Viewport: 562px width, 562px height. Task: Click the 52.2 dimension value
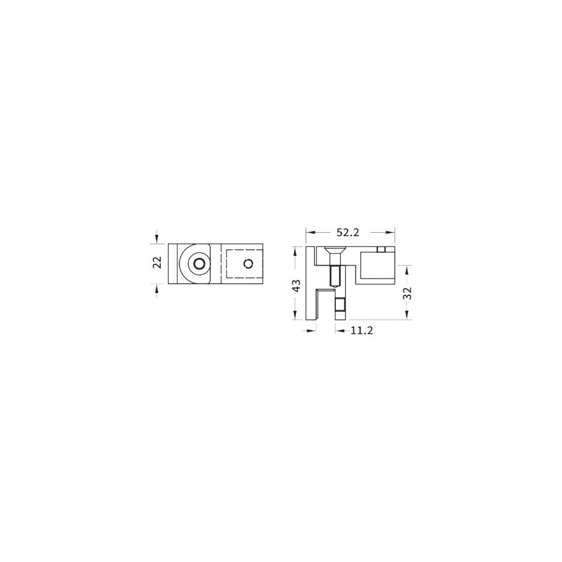pyautogui.click(x=347, y=233)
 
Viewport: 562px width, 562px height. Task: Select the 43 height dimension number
pyautogui.click(x=296, y=285)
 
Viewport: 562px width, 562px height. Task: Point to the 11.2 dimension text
pyautogui.click(x=362, y=330)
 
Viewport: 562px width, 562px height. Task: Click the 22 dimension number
pyautogui.click(x=158, y=262)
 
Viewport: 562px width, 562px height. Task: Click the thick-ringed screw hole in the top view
pyautogui.click(x=198, y=264)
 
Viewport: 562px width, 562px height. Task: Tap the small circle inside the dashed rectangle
pyautogui.click(x=249, y=264)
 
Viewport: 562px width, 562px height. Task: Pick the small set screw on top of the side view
pyautogui.click(x=383, y=250)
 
